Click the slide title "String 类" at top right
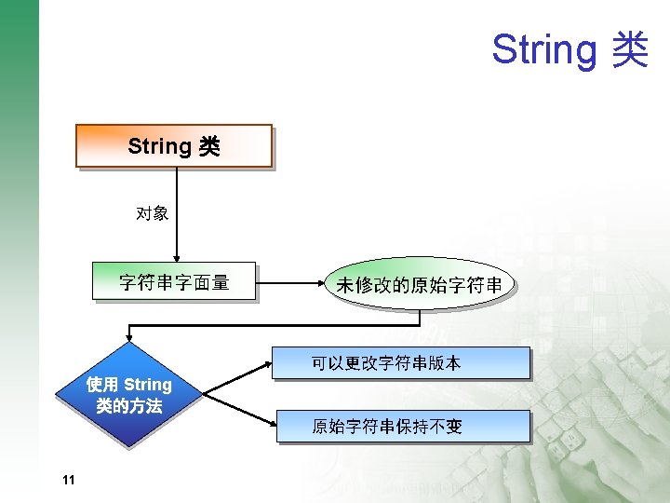pos(569,49)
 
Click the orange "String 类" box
pos(174,146)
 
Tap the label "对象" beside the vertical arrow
pos(152,214)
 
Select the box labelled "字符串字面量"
pos(174,281)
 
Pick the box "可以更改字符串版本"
pos(400,363)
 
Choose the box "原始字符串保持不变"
pos(402,427)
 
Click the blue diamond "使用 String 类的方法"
pos(128,395)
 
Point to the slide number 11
pos(66,480)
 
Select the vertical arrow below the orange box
pos(176,214)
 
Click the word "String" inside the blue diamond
pos(147,385)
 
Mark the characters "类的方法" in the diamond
pos(128,406)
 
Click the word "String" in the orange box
pos(159,146)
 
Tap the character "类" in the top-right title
pos(629,49)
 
